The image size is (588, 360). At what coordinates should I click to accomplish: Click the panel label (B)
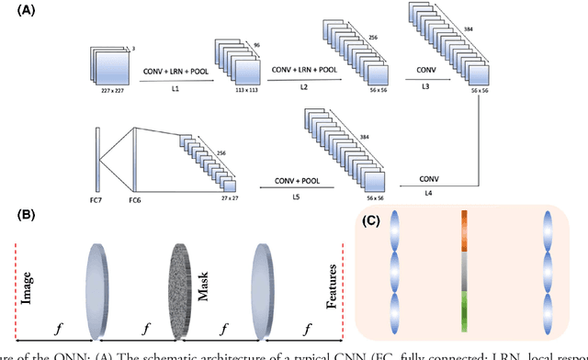click(15, 218)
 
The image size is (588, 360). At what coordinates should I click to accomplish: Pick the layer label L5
click(297, 196)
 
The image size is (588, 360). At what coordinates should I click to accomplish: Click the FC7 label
click(95, 199)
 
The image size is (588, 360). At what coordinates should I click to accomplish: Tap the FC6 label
click(135, 199)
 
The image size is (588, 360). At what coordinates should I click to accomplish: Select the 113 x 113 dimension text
click(232, 92)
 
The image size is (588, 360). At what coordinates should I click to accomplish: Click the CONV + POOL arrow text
click(297, 181)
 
